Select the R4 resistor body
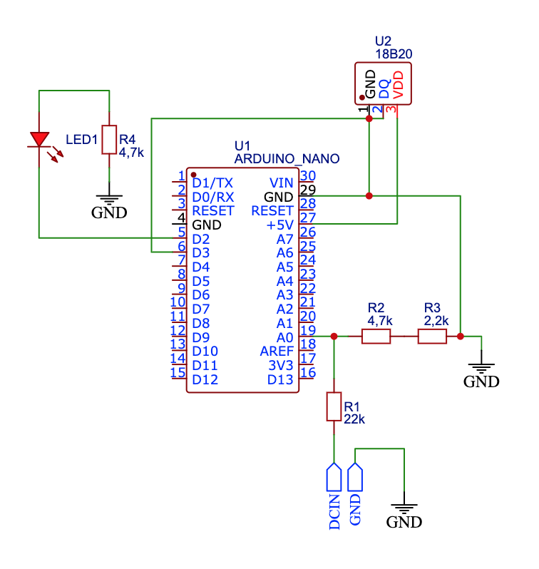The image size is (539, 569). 109,140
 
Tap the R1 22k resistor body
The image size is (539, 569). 334,406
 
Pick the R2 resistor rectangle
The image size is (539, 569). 376,337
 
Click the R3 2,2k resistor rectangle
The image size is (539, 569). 432,337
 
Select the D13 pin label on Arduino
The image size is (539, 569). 280,379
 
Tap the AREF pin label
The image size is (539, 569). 277,352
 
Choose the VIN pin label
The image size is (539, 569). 281,183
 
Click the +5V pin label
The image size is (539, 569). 279,225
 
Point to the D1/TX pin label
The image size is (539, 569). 212,183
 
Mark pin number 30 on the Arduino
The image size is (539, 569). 308,175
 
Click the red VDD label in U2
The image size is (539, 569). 398,85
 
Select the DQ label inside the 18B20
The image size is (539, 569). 384,89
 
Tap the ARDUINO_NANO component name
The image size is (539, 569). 287,158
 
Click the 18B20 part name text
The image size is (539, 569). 394,54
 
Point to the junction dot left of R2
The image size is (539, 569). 334,337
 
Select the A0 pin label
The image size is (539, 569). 284,337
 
